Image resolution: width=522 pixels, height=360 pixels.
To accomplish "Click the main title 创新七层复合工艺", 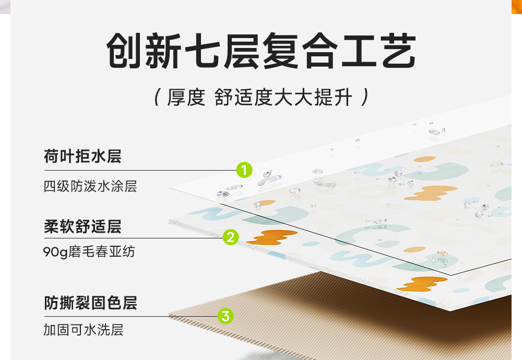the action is pos(261,52).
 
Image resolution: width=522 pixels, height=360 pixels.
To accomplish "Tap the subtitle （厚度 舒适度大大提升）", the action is pos(261,98).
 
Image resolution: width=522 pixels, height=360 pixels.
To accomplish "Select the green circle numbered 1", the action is pos(244,170).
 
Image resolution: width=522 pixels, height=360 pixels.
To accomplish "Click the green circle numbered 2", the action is pos(231,237).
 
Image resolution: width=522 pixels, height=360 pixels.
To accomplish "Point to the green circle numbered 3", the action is pos(226,316).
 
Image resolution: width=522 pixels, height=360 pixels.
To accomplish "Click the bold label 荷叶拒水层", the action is pos(82,157).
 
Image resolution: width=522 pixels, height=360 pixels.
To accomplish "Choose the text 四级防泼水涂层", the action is pos(90,186).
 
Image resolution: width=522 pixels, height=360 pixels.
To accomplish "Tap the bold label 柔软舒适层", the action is pos(82,227).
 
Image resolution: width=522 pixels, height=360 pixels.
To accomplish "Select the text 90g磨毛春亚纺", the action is pos(89,252).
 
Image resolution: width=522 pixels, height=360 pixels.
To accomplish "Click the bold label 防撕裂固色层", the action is pos(90,303).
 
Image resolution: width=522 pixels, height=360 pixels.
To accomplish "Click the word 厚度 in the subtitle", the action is pos(186,98).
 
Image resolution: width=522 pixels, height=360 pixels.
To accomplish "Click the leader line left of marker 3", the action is pos(130,316).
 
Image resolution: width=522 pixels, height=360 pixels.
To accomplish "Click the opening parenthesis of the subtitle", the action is pos(157,98).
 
